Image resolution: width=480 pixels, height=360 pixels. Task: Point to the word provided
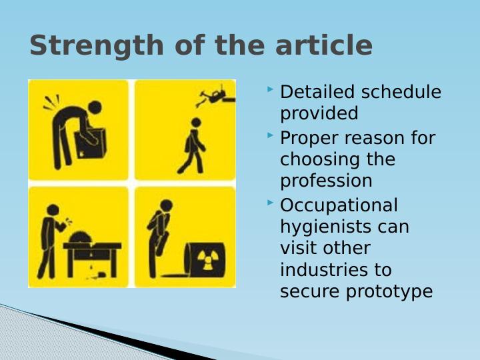point(319,113)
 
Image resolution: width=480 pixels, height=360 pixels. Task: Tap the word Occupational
point(339,205)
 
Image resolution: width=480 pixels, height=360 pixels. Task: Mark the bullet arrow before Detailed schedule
point(269,89)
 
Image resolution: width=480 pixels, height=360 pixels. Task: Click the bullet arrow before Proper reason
point(269,135)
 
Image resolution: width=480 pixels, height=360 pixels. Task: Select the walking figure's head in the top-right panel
point(196,123)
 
